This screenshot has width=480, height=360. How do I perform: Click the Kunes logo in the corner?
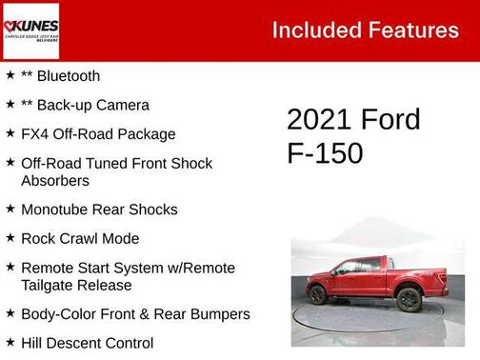tap(31, 30)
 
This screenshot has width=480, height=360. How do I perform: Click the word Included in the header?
tap(313, 30)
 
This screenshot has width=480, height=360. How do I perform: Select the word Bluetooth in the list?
tap(67, 75)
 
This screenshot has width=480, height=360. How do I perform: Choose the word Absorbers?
tap(55, 180)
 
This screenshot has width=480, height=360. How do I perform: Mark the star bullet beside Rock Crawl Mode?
tap(10, 237)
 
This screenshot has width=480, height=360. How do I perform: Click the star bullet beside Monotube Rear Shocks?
tap(10, 208)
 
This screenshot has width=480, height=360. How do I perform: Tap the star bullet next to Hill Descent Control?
tap(10, 341)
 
